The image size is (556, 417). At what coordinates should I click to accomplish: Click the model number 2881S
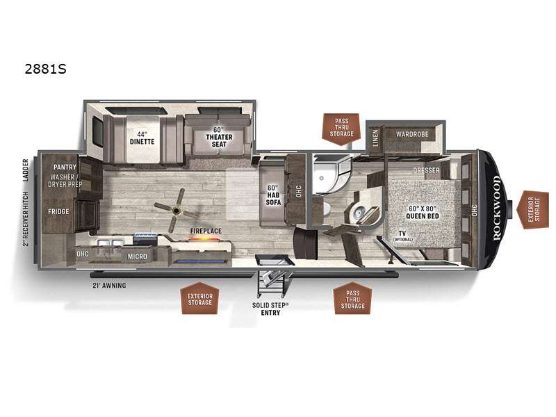45,69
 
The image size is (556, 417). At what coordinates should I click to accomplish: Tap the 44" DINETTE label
142,138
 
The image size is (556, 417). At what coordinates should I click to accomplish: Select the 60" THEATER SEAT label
219,137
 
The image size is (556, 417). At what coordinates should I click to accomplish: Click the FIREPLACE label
206,231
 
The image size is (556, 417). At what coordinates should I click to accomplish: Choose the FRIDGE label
58,211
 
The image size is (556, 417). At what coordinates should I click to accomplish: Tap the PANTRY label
65,167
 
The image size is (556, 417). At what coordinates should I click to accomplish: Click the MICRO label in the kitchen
137,256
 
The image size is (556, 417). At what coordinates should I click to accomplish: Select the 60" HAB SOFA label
273,195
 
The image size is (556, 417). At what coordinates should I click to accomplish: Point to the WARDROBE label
412,134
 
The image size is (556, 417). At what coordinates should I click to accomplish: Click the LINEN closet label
375,138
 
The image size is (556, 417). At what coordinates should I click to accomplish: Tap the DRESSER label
426,170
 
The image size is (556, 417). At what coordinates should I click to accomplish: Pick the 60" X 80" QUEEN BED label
423,213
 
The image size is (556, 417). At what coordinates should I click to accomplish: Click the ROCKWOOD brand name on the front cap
496,208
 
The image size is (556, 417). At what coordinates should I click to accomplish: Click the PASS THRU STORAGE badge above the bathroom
341,129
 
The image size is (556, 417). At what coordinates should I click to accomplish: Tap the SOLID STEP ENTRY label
270,309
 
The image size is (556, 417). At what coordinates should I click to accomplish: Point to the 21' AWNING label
109,285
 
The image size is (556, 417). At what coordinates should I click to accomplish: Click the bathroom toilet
358,212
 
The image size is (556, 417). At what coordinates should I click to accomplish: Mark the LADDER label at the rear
26,170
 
